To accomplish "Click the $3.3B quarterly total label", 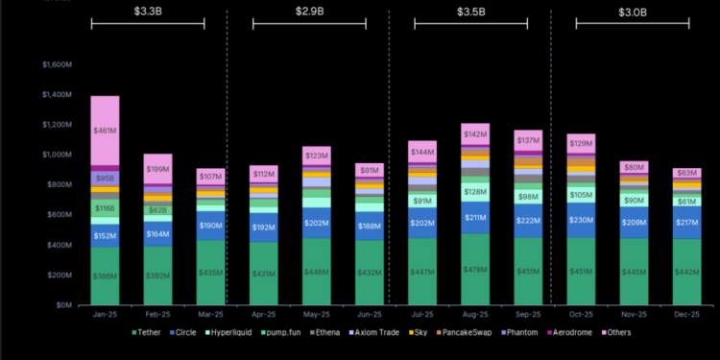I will (x=148, y=12).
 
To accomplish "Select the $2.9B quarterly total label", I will (x=310, y=12).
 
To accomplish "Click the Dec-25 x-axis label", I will (x=686, y=314).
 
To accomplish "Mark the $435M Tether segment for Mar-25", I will (x=210, y=273).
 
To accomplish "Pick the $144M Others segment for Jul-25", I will (x=423, y=152).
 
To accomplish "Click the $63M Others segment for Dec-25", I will (x=686, y=174).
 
